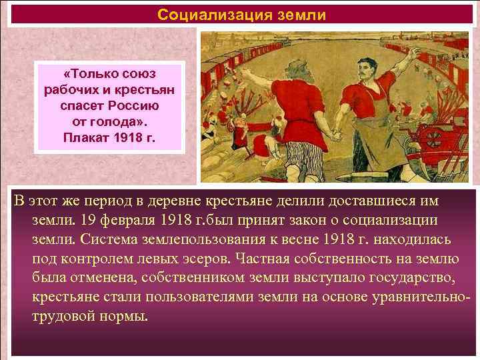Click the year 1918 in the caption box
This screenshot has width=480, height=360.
(131, 139)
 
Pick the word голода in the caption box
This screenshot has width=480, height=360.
(117, 123)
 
